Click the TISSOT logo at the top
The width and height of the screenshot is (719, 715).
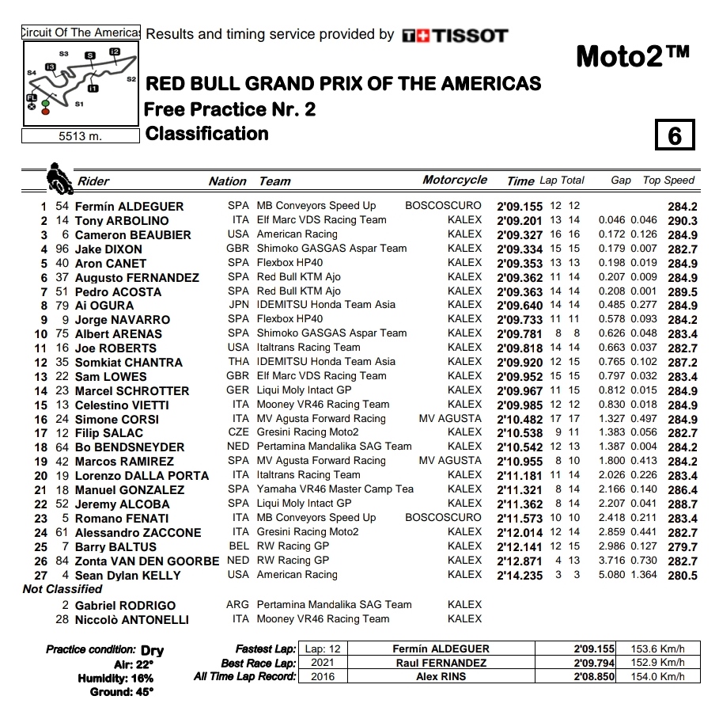click(455, 36)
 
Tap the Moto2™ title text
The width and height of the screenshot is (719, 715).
click(632, 56)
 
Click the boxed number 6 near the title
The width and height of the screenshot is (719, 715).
click(674, 135)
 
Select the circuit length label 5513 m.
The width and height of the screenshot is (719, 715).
click(81, 136)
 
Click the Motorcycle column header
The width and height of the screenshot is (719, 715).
click(455, 180)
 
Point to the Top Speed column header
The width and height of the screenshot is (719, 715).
click(668, 180)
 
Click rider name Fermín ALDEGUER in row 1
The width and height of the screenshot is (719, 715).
click(129, 207)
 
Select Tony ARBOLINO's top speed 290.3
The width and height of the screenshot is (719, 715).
click(682, 221)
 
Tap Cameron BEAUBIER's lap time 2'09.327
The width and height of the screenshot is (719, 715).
click(520, 235)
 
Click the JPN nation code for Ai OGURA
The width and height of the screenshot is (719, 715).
click(238, 306)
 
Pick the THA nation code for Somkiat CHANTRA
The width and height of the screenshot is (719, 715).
click(238, 362)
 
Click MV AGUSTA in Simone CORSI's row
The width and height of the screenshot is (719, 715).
click(450, 419)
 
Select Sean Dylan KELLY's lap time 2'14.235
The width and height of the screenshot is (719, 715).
click(520, 576)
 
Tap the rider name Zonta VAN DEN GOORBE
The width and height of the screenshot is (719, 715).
click(147, 561)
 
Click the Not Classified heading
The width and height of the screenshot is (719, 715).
click(62, 589)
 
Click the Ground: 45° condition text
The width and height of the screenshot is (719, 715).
click(122, 692)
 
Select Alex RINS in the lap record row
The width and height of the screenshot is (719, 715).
click(441, 676)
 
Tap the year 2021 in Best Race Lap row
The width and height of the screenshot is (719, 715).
click(323, 663)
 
